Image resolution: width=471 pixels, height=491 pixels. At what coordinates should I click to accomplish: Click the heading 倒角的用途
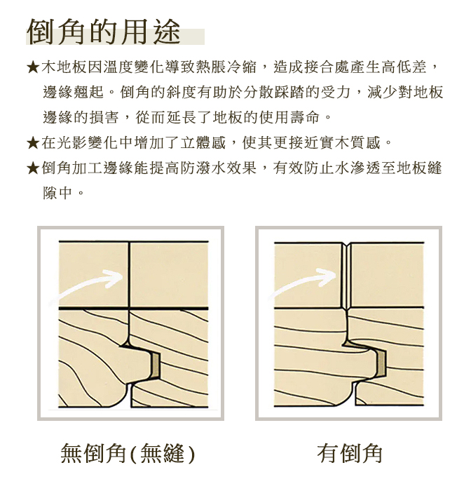[x=104, y=32]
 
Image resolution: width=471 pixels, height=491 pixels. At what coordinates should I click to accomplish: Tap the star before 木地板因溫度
[x=33, y=67]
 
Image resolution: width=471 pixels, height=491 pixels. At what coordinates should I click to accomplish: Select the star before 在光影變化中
[x=33, y=143]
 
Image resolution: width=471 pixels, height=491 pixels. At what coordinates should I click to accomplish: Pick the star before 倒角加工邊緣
[x=33, y=168]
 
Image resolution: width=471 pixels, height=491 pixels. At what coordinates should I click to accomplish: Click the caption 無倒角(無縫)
[x=128, y=453]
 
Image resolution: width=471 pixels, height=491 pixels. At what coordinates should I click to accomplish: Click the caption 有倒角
[x=350, y=453]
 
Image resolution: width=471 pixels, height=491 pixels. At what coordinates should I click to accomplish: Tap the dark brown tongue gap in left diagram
[x=156, y=364]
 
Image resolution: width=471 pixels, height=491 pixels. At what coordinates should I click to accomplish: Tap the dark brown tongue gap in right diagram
[x=382, y=363]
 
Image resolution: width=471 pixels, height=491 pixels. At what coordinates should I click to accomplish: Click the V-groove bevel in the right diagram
[x=346, y=276]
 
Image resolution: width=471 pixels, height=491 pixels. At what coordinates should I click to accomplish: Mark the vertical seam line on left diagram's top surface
[x=129, y=274]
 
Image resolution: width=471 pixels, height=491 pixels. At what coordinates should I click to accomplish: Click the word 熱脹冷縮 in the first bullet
[x=226, y=67]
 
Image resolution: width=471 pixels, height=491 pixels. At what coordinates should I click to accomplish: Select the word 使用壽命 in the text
[x=289, y=117]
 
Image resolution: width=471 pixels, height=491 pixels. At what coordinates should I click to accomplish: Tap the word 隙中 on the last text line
[x=57, y=193]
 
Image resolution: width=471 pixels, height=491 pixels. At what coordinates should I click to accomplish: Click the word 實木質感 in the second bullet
[x=350, y=143]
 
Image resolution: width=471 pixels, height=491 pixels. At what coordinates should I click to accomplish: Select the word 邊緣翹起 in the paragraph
[x=73, y=93]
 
